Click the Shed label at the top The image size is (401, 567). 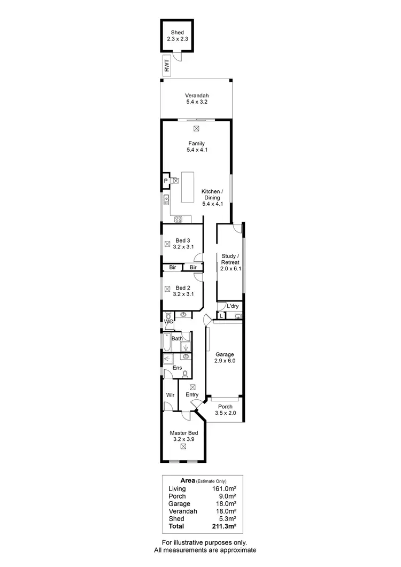(177, 32)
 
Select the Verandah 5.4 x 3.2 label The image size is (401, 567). (196, 99)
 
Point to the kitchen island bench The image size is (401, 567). (188, 187)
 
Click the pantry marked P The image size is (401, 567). (166, 181)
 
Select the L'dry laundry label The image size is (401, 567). (233, 306)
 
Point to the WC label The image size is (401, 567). (168, 322)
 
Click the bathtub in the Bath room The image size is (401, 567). (167, 341)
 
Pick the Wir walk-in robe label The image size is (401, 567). (171, 394)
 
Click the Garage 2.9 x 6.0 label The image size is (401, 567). (225, 358)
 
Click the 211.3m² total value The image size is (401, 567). (225, 526)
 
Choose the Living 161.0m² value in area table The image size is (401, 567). (225, 488)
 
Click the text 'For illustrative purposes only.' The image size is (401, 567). (205, 542)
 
